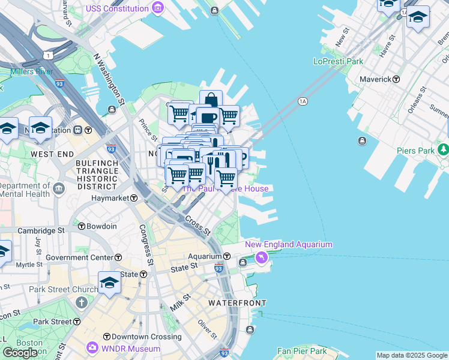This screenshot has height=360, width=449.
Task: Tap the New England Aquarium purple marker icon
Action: click(261, 257)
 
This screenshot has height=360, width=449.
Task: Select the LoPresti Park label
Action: click(338, 61)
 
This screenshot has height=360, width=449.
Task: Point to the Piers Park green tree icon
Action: click(443, 149)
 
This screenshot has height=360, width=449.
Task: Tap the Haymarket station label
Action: click(110, 197)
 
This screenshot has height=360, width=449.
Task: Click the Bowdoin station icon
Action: click(82, 226)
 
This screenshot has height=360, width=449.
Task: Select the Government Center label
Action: click(79, 257)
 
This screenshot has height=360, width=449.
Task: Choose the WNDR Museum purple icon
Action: click(93, 347)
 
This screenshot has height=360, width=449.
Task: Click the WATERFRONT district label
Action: click(237, 303)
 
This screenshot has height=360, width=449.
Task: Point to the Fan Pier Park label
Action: click(302, 351)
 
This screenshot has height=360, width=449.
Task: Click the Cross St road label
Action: click(197, 226)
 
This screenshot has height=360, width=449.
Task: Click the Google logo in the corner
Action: click(20, 353)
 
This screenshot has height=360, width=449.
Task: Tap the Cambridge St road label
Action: click(41, 230)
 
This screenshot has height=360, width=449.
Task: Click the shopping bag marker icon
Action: click(211, 100)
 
